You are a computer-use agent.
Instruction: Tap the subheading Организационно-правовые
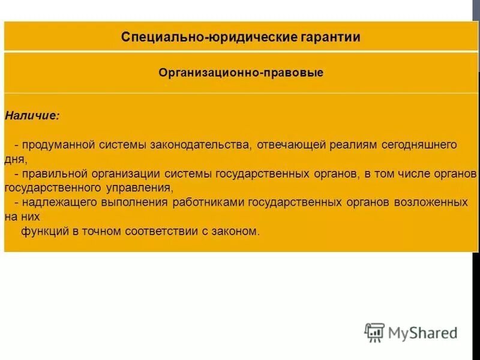[241, 73]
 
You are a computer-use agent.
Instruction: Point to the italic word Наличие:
[32, 115]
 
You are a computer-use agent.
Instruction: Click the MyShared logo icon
[374, 332]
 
